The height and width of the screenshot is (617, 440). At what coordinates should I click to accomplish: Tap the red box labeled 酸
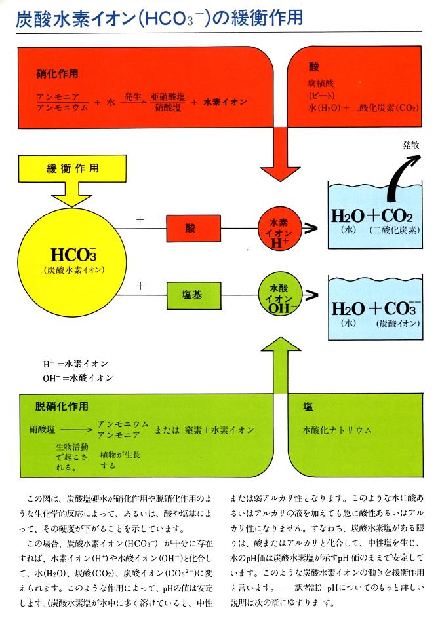(191, 228)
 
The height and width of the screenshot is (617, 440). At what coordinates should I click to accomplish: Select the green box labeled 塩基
(191, 293)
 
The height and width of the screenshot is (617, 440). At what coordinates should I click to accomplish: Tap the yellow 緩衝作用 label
(73, 168)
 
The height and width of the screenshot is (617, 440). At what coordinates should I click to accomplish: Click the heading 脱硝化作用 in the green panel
(62, 407)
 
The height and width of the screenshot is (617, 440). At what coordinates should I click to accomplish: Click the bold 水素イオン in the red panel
(225, 102)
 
